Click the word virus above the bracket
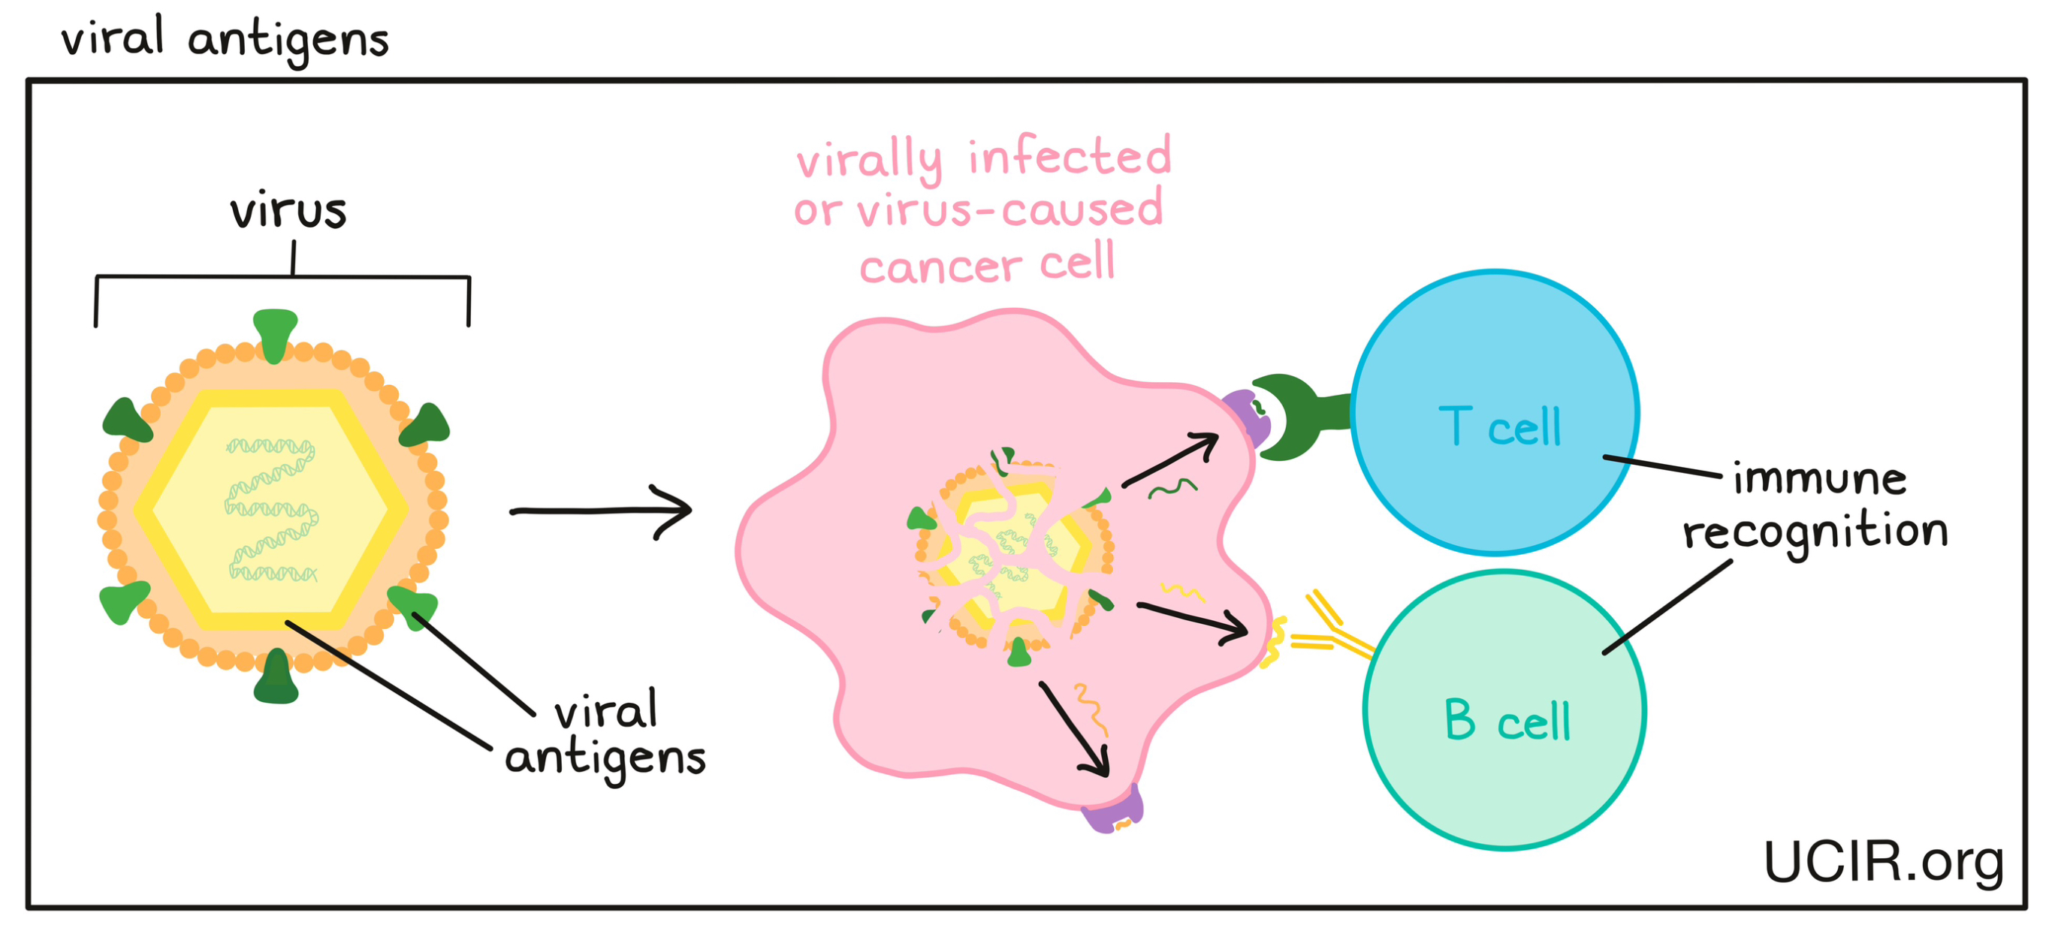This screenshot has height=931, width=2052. pos(288,211)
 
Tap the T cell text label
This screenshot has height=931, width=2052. pos(1498,427)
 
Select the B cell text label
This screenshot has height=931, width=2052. pos(1507,721)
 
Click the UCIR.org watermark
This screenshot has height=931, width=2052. pos(1883,863)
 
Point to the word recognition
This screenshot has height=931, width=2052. pos(1815,532)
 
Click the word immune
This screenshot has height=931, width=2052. pos(1819,480)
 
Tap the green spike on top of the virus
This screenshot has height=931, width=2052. pos(275,333)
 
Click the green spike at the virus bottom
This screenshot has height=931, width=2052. pos(276,679)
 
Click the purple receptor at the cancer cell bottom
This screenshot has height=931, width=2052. pos(1114,811)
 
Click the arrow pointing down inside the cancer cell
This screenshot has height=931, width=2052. pos(1075,729)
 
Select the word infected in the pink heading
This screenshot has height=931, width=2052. pos(1069,157)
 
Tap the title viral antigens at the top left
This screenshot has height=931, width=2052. pos(225,38)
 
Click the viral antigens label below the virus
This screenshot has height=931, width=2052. pos(605,734)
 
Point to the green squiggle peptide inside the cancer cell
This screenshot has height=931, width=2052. pos(1172,488)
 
